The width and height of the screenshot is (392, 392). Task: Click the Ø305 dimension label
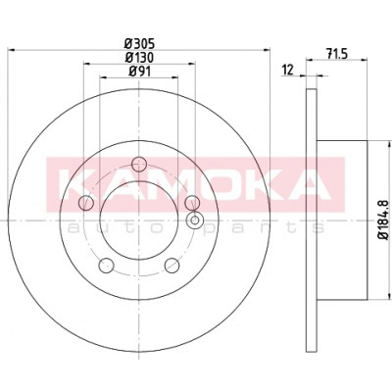point(139,43)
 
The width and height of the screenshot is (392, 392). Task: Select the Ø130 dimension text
point(139,58)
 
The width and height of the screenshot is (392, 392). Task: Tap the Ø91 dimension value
point(139,72)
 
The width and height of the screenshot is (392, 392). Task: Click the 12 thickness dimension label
point(288,70)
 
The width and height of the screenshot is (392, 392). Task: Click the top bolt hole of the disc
point(139,164)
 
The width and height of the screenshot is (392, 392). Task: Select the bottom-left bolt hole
point(106,266)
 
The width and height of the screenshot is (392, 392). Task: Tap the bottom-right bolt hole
point(171,266)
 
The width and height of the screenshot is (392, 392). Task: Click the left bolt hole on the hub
point(86,203)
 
